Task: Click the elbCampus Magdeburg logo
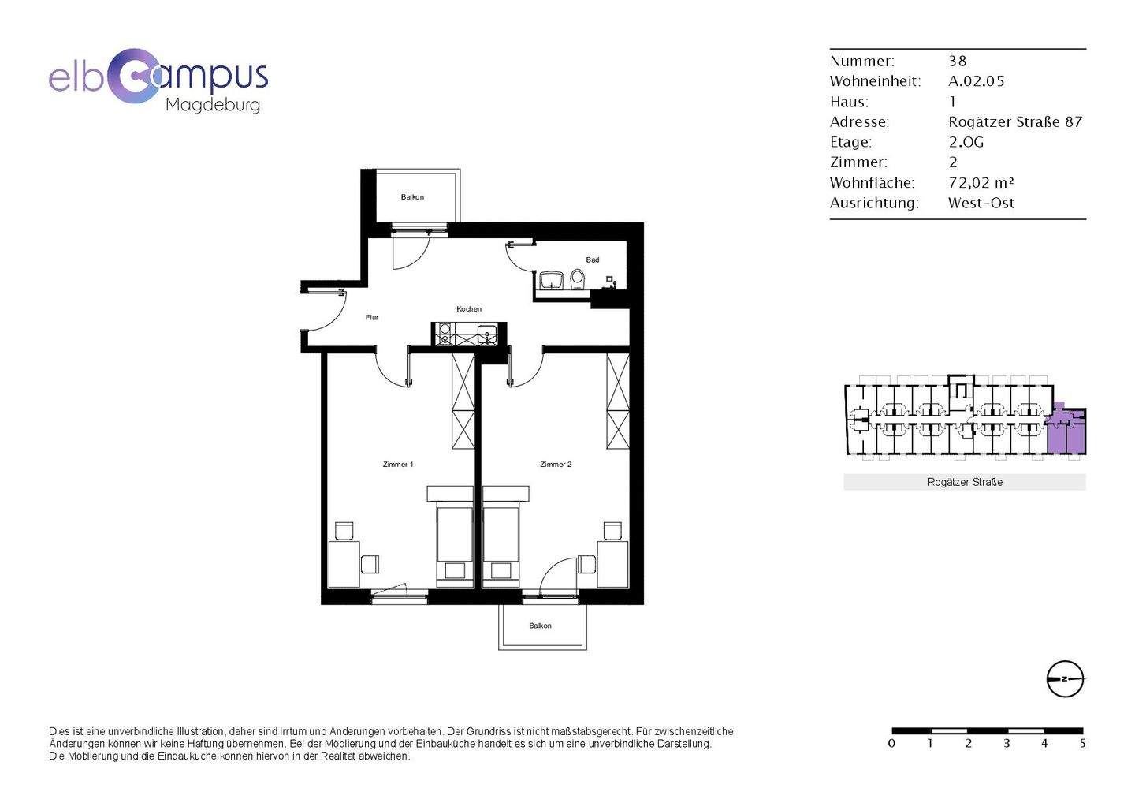[x=158, y=81]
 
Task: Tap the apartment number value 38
[x=958, y=62]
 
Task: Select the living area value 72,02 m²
[x=981, y=182]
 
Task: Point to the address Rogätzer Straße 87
[x=1015, y=122]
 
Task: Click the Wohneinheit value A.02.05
[x=976, y=81]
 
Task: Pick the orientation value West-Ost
[x=981, y=204]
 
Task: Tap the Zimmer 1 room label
[x=398, y=465]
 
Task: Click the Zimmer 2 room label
[x=556, y=465]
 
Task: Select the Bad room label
[x=593, y=260]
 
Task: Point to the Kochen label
[x=469, y=309]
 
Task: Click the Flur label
[x=372, y=318]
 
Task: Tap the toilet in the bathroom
[x=577, y=279]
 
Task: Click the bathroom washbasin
[x=551, y=280]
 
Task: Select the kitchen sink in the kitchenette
[x=487, y=334]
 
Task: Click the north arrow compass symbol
[x=1065, y=679]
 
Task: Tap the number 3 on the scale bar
[x=1007, y=743]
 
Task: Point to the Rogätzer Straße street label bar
[x=965, y=482]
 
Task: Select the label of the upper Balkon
[x=412, y=197]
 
